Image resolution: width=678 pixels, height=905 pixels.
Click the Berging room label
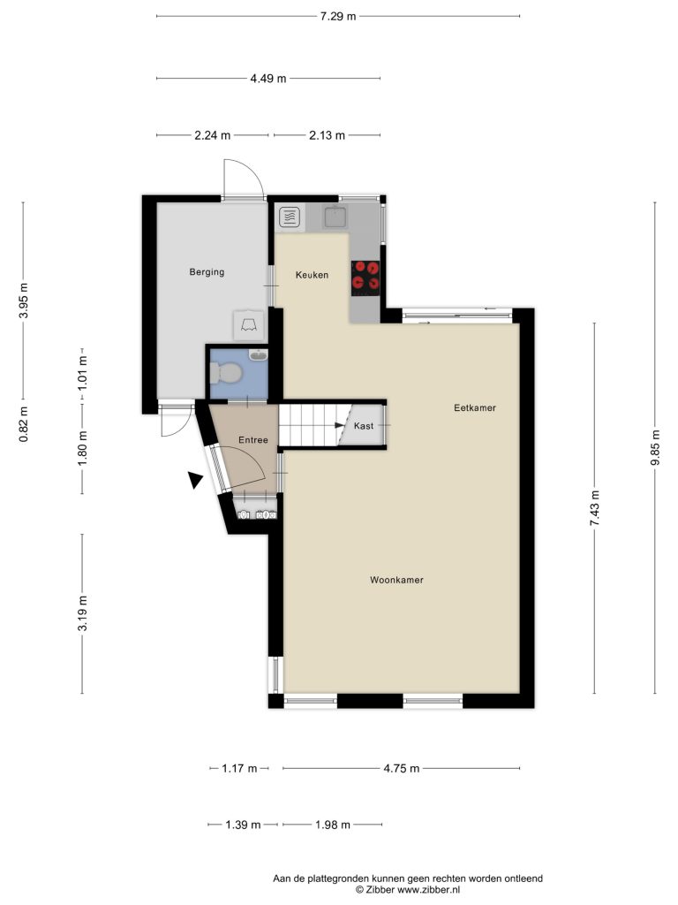click(207, 272)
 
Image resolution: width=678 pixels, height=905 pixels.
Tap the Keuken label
click(312, 275)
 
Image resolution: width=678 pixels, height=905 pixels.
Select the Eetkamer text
click(475, 407)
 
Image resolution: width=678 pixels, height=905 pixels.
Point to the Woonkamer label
click(396, 580)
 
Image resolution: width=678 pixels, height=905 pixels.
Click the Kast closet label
click(364, 426)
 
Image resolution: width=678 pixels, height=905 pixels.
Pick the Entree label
click(253, 440)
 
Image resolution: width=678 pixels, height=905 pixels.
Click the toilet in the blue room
click(225, 373)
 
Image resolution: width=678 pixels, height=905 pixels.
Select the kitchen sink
click(335, 217)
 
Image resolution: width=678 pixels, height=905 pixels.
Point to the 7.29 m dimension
click(338, 16)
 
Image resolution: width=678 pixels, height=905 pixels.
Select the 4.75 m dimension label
click(402, 768)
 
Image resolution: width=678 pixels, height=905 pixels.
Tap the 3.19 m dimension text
click(83, 612)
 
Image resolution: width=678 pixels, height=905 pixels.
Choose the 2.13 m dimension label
click(327, 135)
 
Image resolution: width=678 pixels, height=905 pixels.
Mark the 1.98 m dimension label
click(333, 825)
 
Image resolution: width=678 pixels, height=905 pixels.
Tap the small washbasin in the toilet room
click(258, 354)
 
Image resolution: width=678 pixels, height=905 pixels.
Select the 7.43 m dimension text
click(596, 508)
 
